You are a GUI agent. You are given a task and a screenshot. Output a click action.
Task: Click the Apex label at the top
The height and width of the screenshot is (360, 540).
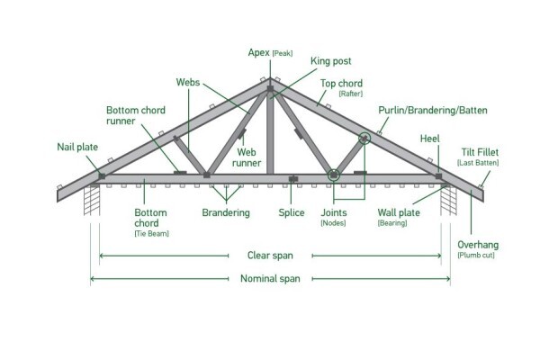[x=258, y=53]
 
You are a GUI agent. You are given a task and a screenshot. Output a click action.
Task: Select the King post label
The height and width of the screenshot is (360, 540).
[x=330, y=61]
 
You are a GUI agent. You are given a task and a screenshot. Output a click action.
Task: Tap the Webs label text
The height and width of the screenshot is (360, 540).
[x=188, y=82]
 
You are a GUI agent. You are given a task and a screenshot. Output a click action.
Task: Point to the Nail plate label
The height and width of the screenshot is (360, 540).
[x=77, y=147]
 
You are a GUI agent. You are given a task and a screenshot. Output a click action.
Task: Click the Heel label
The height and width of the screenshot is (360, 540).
[x=430, y=139]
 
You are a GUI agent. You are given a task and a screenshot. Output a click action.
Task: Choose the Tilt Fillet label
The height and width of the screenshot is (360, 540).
[x=480, y=152]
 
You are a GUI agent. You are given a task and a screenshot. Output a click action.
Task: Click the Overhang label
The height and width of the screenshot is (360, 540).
[x=478, y=245]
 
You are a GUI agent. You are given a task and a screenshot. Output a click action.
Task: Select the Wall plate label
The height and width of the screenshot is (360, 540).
[x=399, y=212]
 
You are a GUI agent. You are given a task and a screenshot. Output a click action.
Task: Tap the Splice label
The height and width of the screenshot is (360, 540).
[x=292, y=213]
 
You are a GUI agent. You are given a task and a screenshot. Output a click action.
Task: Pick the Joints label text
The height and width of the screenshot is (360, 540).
[x=334, y=212]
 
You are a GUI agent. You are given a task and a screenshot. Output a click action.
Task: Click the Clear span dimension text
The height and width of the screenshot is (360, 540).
[x=270, y=256]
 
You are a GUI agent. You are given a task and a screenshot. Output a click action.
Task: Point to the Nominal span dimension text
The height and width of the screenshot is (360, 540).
[x=270, y=278]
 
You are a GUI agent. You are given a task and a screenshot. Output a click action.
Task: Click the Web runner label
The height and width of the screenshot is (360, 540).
[x=247, y=157]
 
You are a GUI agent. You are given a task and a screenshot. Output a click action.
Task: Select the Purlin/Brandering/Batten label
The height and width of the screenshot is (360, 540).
[x=433, y=110]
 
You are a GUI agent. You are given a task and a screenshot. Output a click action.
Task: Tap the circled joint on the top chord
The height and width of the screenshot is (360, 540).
[x=364, y=139]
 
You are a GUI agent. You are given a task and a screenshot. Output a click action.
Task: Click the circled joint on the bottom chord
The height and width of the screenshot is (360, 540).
[x=333, y=175]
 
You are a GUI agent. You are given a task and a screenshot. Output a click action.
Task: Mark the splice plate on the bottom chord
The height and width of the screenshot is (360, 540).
[x=293, y=179]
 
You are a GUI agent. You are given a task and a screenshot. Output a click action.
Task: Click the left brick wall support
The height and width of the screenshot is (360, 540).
[x=92, y=201]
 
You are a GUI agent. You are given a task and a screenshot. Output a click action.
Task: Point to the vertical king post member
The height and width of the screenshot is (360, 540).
[x=270, y=130]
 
